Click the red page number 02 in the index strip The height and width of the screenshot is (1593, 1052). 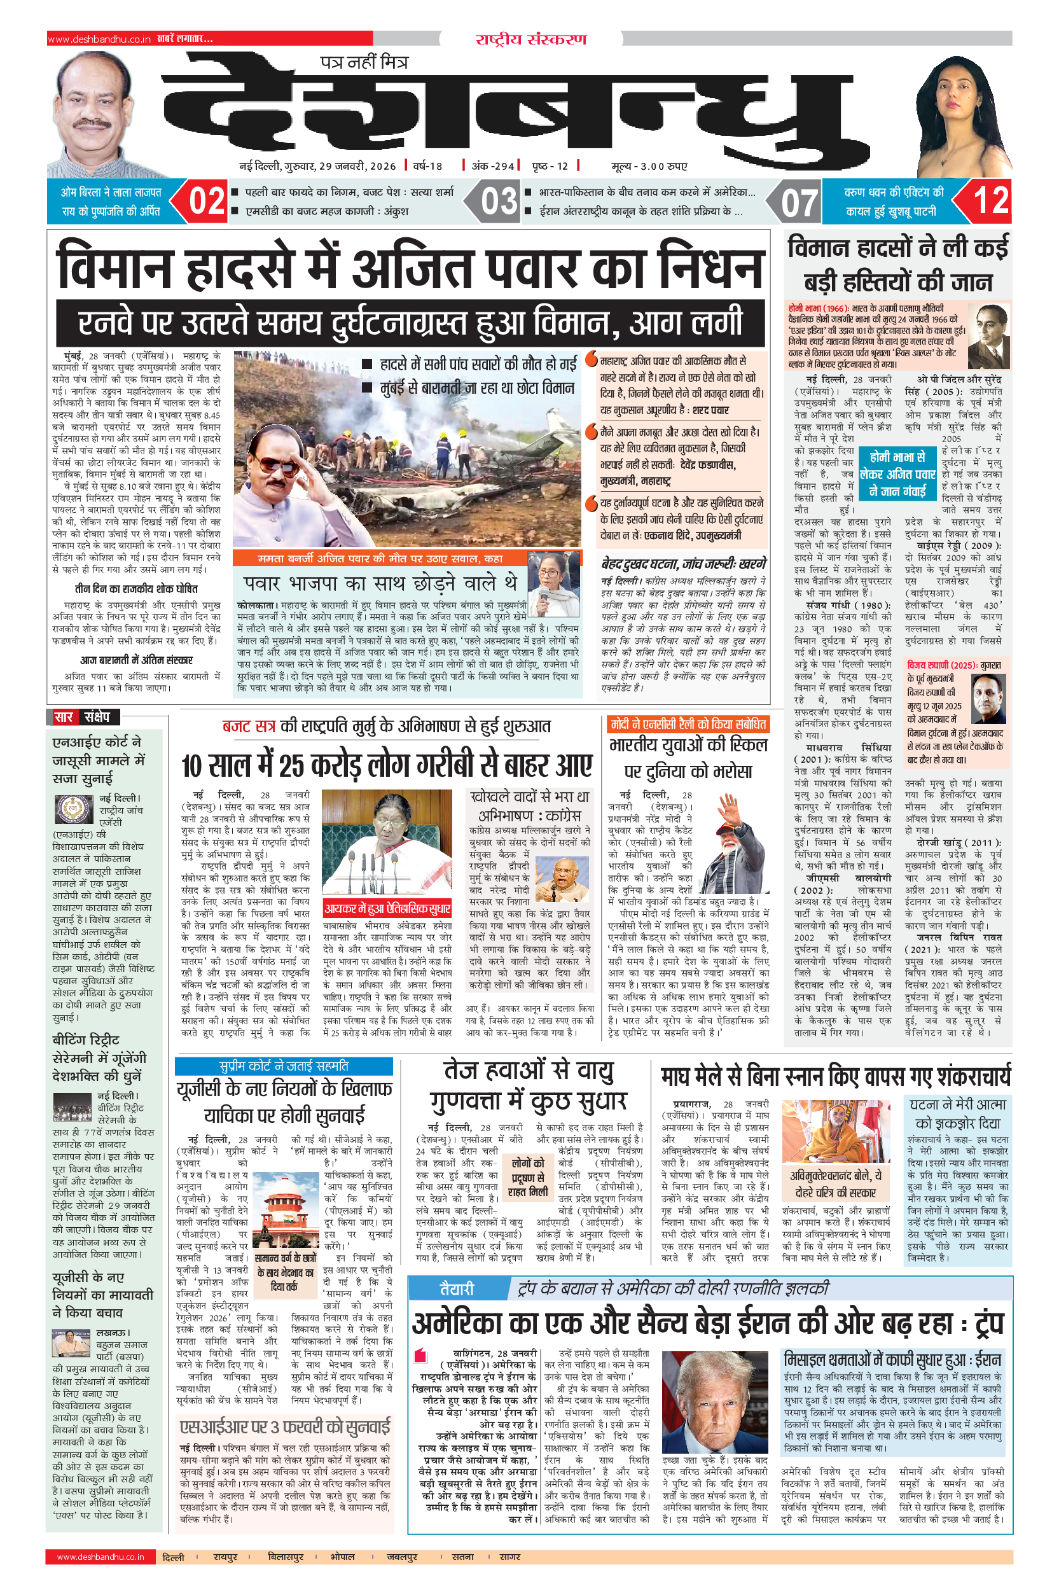tap(207, 201)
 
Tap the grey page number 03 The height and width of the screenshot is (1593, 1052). tap(499, 201)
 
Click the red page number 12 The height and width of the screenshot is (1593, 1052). tap(990, 201)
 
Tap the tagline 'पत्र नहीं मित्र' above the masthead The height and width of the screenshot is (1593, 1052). tap(364, 62)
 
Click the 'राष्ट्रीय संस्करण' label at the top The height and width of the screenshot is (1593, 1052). tap(530, 39)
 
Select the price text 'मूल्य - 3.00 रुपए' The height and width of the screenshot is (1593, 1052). tap(649, 166)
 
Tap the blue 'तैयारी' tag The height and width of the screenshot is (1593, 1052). tap(456, 1288)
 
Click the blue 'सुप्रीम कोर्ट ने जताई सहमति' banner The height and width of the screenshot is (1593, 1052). tap(284, 1066)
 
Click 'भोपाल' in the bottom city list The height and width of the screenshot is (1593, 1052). tap(342, 1557)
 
